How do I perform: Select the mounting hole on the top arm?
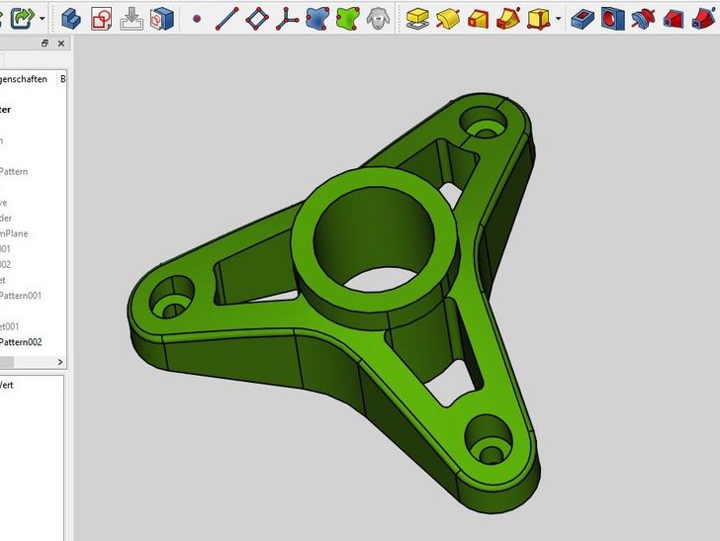[x=486, y=130]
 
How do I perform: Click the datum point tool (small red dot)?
[x=197, y=19]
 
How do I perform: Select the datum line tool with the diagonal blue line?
[x=226, y=18]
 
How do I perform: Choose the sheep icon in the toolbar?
[x=377, y=18]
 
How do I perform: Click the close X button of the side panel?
[x=61, y=45]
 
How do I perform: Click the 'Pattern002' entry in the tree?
[x=21, y=342]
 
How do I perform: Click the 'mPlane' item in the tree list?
[x=14, y=233]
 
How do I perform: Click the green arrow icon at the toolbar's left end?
[x=22, y=18]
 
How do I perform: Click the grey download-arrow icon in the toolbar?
[x=132, y=18]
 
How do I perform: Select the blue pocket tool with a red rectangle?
[x=584, y=18]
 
